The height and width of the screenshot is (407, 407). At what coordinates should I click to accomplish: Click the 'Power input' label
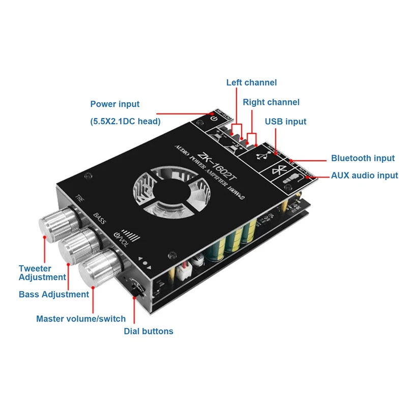[x=114, y=104]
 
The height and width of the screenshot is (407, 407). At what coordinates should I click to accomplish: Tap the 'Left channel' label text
[x=251, y=82]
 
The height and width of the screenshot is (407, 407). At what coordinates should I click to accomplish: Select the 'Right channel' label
[x=271, y=102]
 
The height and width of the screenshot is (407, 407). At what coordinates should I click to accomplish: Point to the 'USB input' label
[x=285, y=122]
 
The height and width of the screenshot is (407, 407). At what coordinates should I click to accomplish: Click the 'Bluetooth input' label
[x=363, y=159]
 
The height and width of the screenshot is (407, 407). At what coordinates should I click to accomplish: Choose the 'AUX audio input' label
[x=364, y=176]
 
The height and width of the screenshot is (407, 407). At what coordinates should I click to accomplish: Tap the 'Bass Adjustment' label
[x=54, y=294]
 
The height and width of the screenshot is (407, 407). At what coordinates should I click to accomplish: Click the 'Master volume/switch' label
[x=80, y=319]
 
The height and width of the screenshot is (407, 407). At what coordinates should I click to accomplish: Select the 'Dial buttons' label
[x=149, y=331]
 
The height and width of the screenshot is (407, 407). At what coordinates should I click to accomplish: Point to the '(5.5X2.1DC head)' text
[x=125, y=121]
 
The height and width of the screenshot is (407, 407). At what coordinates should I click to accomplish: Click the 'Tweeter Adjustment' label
[x=42, y=273]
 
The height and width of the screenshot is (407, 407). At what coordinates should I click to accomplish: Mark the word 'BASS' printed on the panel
[x=99, y=218]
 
